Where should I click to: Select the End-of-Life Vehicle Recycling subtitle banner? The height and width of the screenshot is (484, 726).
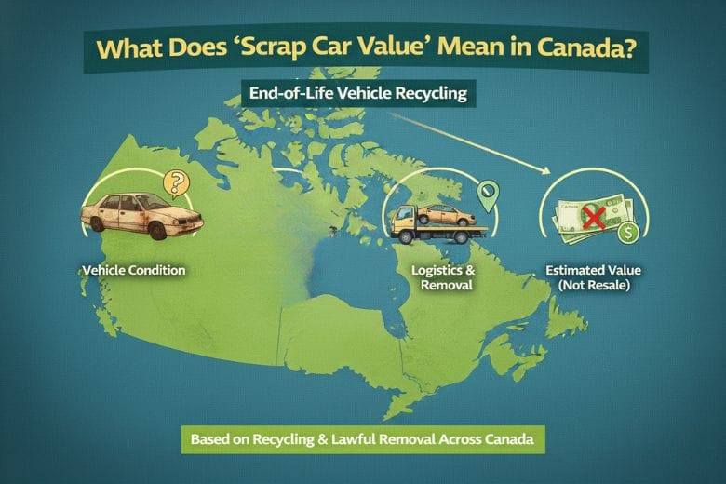(x=357, y=94)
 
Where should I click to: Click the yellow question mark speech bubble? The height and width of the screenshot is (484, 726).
(x=175, y=181)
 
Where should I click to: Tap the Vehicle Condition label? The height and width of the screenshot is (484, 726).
(x=133, y=270)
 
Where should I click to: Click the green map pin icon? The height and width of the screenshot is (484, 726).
(x=487, y=194)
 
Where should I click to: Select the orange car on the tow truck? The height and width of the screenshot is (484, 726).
(x=444, y=214)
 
